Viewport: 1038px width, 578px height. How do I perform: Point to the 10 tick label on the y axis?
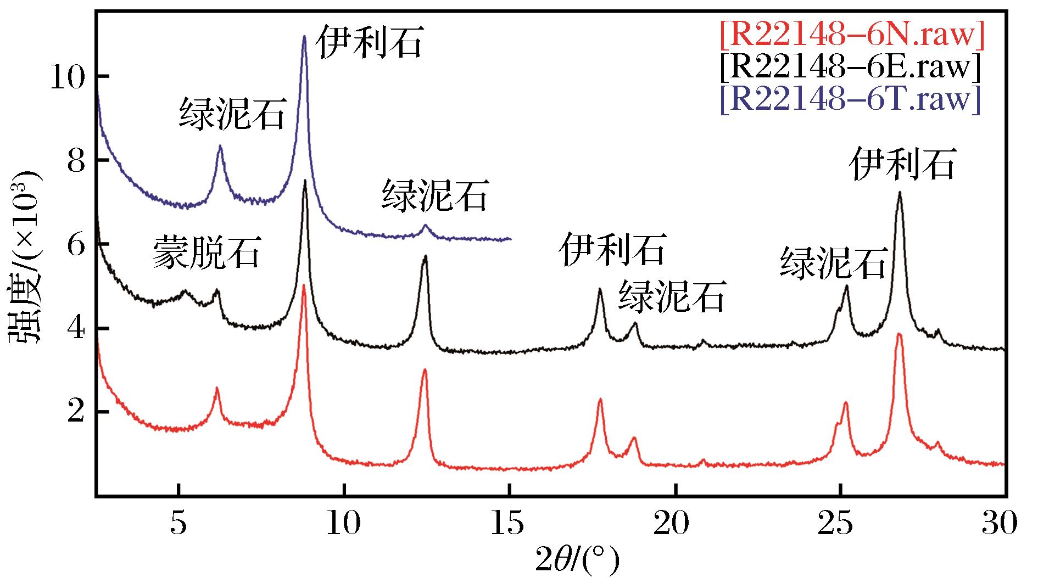pos(69,76)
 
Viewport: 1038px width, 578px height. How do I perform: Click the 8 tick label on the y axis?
pos(77,160)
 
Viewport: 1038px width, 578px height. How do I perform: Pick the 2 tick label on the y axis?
pos(77,412)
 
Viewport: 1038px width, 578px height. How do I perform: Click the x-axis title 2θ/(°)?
pos(578,560)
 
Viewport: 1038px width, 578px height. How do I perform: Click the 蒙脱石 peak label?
pos(205,252)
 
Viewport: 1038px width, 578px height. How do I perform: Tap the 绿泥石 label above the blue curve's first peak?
pos(232,114)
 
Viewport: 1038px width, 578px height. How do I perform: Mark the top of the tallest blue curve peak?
pos(304,36)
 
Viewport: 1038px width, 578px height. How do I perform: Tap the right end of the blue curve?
pos(511,239)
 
